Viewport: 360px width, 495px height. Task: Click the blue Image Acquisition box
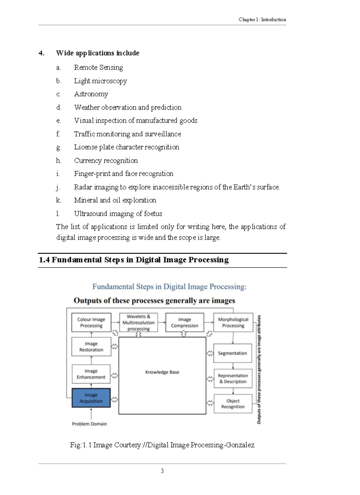point(91,398)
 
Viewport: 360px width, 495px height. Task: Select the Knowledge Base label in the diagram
point(162,372)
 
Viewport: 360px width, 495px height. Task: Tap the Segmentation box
point(232,353)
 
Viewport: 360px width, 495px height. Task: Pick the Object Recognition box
point(233,404)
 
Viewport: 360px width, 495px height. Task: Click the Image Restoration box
point(91,346)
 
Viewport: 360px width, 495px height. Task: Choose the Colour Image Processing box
point(91,322)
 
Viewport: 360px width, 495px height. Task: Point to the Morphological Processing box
point(233,322)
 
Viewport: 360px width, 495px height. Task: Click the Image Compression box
point(184,322)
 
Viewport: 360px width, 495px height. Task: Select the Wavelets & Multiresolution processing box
point(138,322)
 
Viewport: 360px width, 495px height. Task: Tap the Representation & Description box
point(233,379)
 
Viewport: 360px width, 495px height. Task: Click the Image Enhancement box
point(91,374)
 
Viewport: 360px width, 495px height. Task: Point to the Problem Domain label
point(89,424)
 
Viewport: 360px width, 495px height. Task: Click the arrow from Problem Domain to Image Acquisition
point(91,414)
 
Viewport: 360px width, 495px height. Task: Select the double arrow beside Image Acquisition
point(115,400)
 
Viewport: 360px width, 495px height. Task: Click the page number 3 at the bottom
point(162,471)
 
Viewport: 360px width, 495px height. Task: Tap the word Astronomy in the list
point(91,94)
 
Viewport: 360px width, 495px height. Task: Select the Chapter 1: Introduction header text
point(262,19)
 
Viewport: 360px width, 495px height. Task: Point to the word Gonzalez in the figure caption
point(240,445)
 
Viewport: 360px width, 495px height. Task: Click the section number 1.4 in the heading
point(44,260)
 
